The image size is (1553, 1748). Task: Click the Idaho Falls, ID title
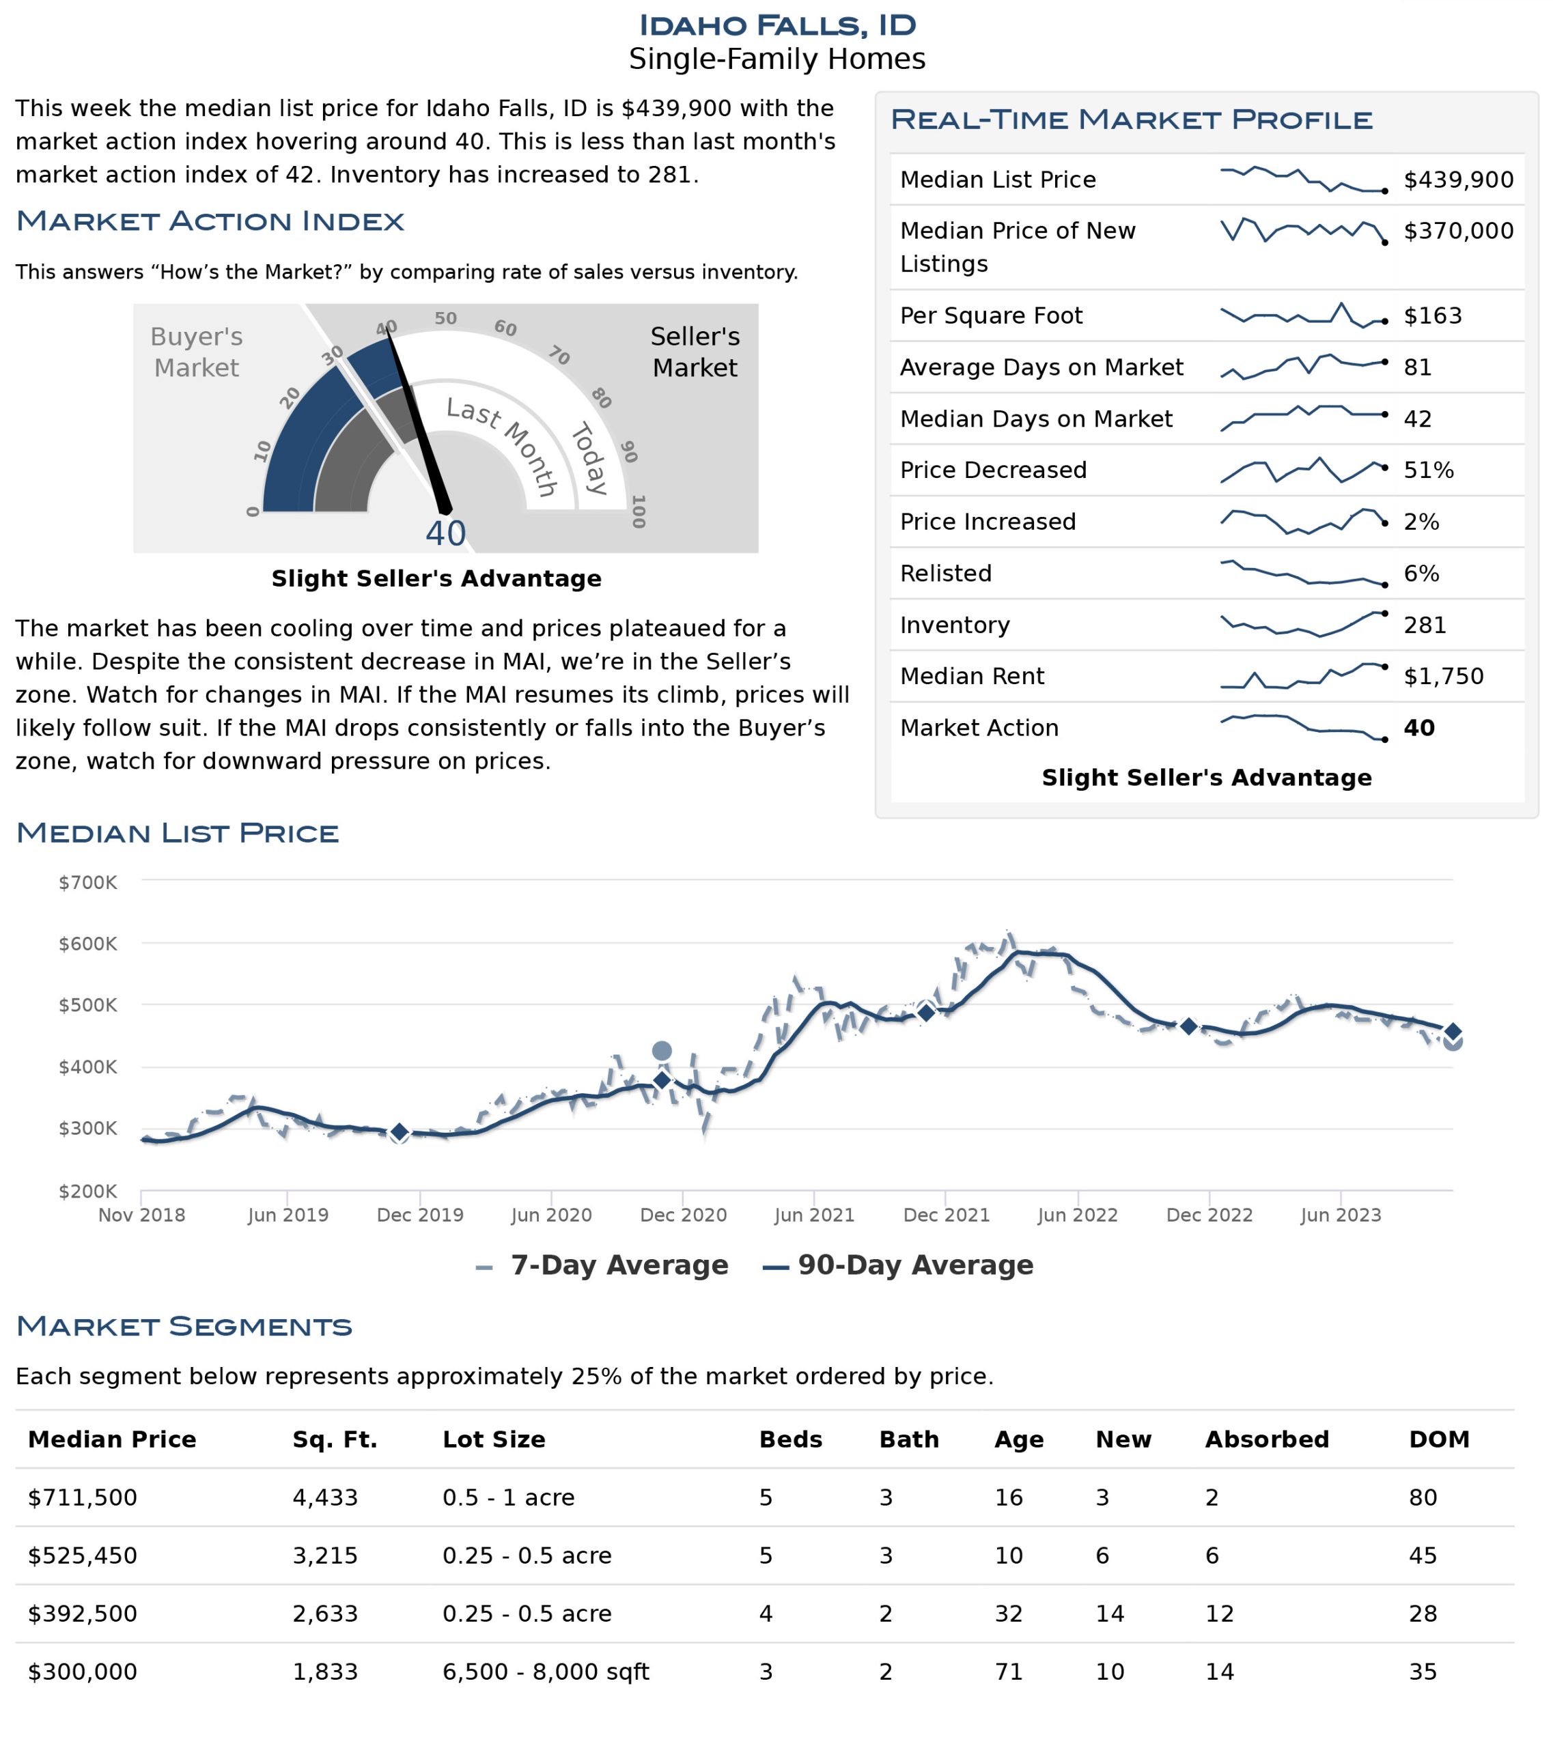click(776, 25)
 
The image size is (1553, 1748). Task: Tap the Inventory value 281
click(1425, 625)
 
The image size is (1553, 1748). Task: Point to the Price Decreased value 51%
click(1428, 470)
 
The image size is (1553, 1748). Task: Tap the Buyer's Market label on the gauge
click(197, 352)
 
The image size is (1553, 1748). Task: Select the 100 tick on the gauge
click(637, 511)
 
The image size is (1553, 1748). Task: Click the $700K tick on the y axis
click(87, 883)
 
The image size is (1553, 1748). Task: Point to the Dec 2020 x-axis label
click(684, 1215)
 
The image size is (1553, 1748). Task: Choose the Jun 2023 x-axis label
click(1340, 1215)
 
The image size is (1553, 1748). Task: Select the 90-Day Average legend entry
click(898, 1266)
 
